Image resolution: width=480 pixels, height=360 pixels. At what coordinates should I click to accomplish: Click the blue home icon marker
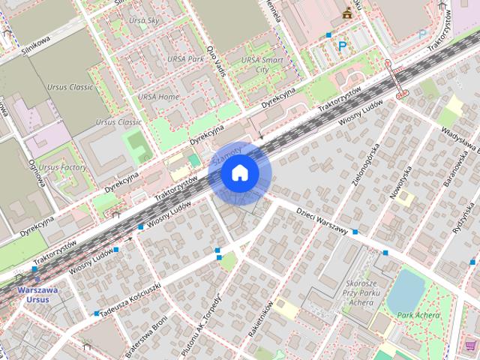[240, 173]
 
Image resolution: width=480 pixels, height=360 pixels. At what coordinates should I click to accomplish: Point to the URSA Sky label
[143, 22]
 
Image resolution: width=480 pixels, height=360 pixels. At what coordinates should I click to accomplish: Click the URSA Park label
[185, 58]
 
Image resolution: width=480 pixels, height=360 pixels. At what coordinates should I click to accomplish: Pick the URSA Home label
[158, 97]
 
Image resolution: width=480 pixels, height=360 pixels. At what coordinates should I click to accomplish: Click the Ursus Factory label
[62, 166]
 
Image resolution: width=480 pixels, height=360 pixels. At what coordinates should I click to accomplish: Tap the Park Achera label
[418, 315]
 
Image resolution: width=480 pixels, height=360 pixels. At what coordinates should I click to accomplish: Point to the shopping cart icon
[470, 346]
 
